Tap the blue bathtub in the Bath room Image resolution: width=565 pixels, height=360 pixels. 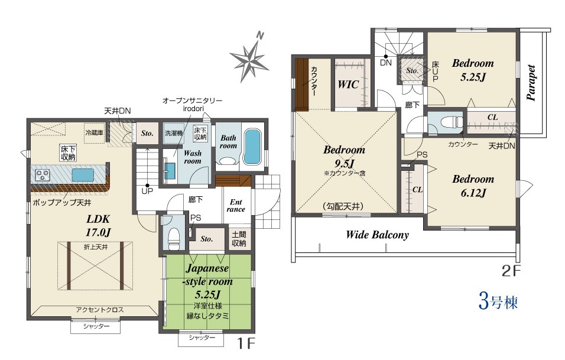point(252,147)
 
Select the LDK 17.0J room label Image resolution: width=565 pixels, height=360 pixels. point(98,225)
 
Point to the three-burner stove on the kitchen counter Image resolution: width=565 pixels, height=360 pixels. point(43,175)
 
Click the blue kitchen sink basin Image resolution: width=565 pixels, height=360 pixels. point(83,175)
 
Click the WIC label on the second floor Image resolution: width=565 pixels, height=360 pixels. point(349,85)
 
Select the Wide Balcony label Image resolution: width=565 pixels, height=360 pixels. point(377,235)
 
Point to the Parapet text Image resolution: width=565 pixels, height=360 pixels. point(531,83)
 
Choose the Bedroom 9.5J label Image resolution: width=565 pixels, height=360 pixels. point(344,157)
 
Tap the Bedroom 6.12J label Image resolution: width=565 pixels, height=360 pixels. point(473,186)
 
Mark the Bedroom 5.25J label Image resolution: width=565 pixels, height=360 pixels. point(473,70)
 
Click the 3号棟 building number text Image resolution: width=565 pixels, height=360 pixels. point(498,301)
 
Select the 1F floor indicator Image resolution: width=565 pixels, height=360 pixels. point(246,343)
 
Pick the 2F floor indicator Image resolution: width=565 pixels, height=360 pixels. point(511,271)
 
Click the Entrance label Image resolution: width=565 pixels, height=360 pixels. point(236,205)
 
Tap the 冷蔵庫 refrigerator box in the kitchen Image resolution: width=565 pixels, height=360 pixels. point(94,133)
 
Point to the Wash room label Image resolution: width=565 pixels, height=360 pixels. point(193,157)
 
